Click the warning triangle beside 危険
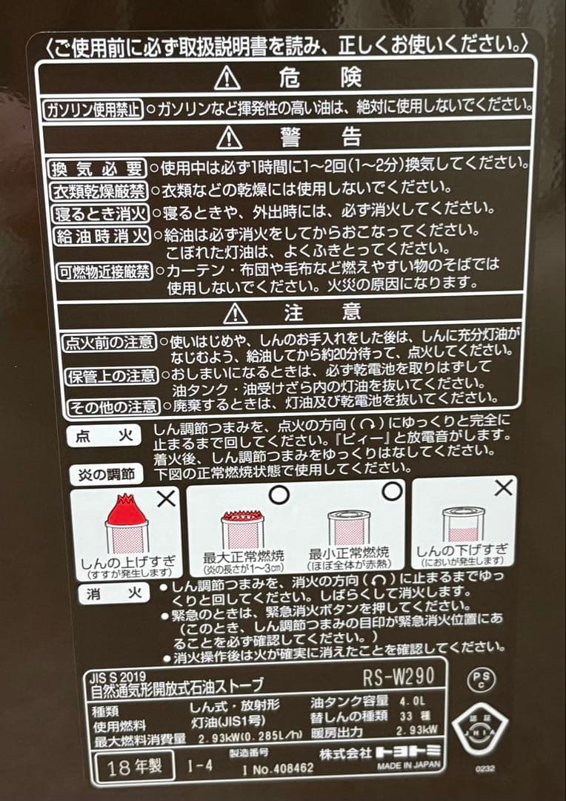(x=227, y=77)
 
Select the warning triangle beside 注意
(x=235, y=313)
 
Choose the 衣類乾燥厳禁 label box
(x=99, y=191)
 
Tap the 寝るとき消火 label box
(x=101, y=214)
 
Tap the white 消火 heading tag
(x=110, y=594)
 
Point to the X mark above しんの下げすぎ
(x=504, y=488)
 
